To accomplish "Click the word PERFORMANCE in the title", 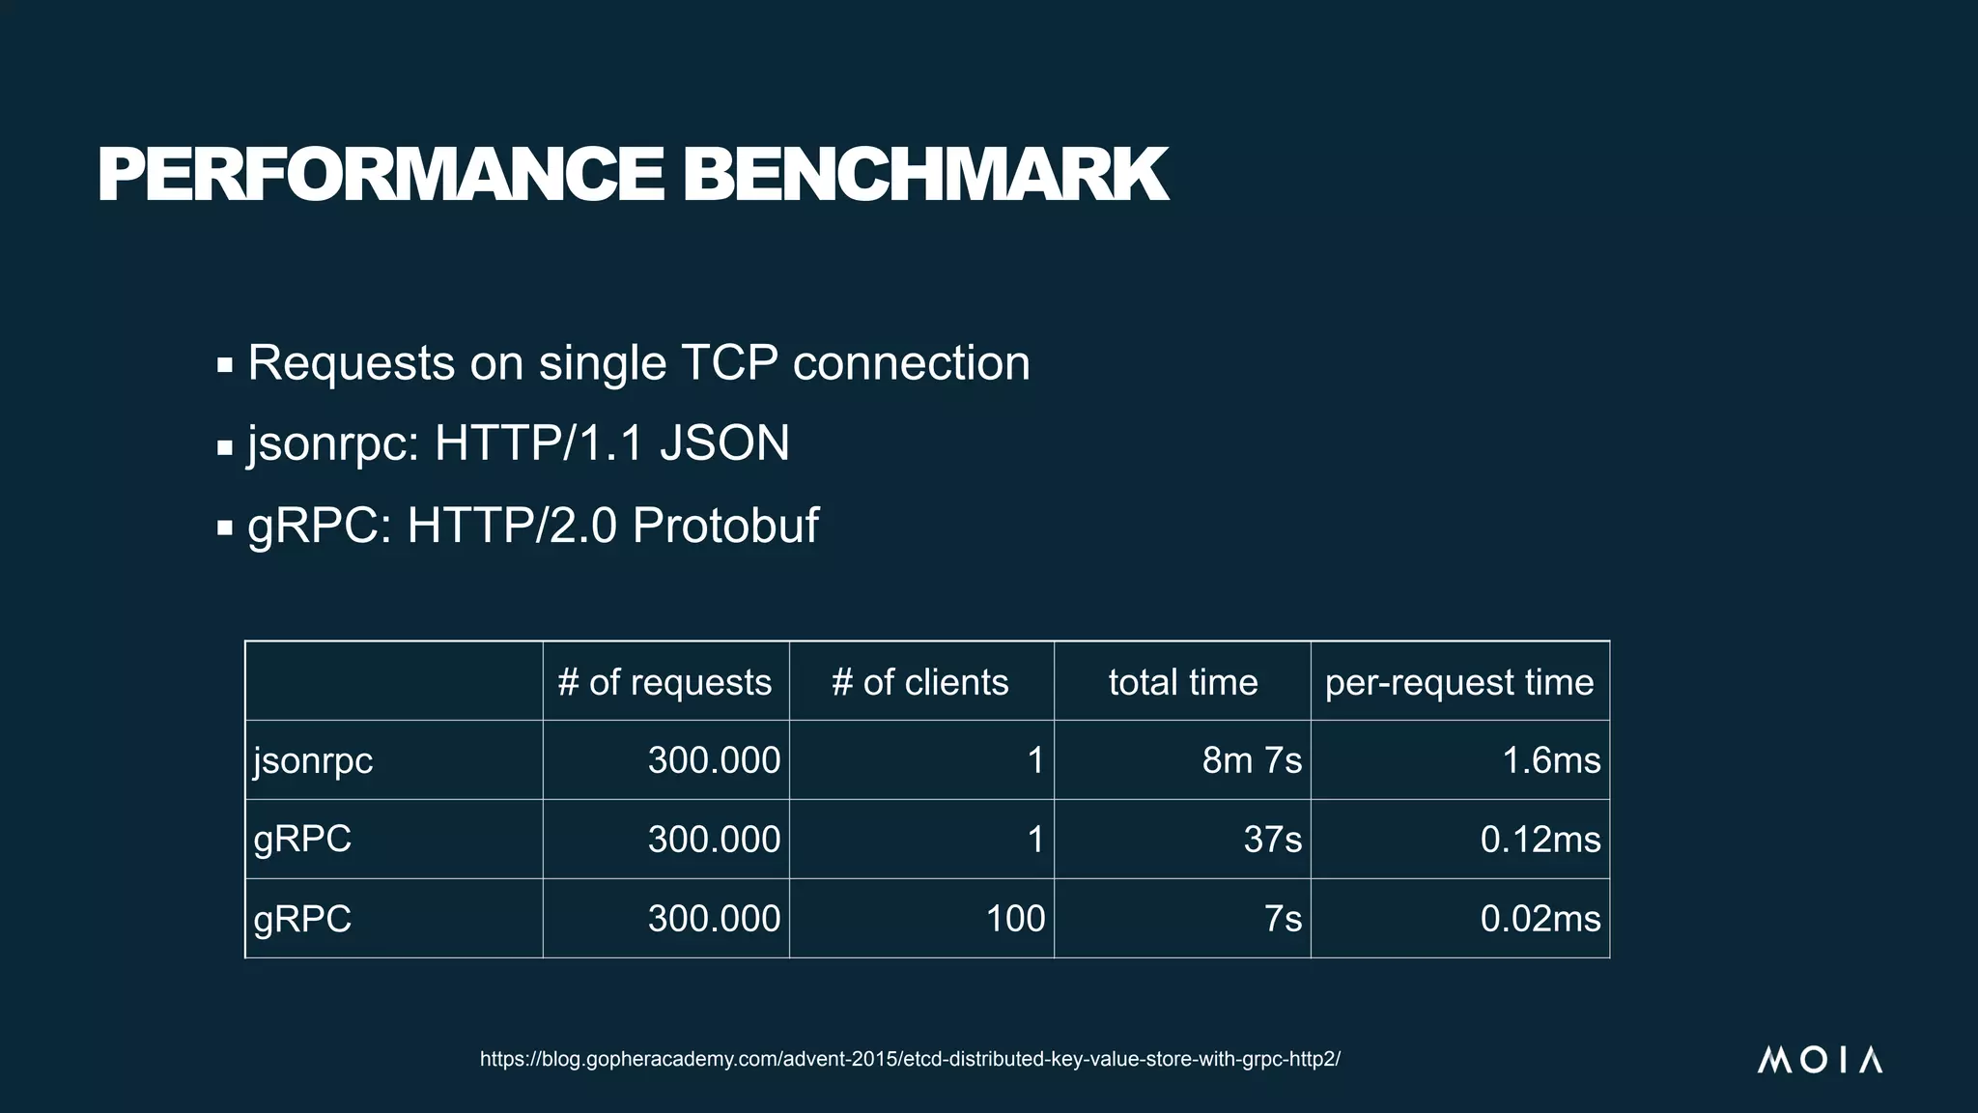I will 380,175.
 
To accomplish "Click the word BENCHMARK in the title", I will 925,175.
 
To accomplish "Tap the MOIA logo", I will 1819,1060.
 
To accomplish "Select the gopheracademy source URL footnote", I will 910,1059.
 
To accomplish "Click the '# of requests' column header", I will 664,682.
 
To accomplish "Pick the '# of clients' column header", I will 919,682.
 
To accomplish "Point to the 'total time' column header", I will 1183,682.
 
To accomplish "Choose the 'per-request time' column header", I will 1458,682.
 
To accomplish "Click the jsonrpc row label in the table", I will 313,760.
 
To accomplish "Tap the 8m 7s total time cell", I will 1252,760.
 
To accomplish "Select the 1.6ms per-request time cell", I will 1551,760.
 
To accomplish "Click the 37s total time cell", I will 1272,839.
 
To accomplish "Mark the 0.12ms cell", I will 1540,839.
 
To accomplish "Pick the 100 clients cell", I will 1015,918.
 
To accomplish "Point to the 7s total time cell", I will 1283,918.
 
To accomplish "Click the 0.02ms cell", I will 1540,918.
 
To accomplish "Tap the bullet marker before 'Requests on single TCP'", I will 225,366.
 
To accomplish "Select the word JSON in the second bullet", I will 724,443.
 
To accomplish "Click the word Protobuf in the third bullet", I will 725,526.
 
